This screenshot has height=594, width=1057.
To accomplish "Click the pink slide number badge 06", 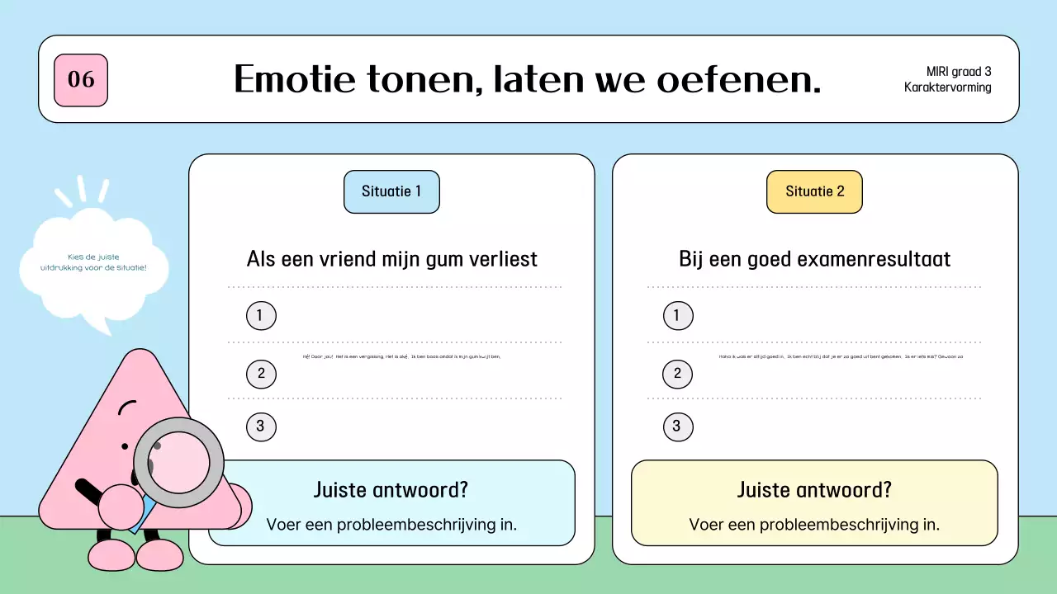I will click(x=81, y=80).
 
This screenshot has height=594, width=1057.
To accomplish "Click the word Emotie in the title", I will click(x=294, y=80).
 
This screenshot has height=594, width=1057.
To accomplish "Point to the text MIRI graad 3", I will click(x=958, y=72).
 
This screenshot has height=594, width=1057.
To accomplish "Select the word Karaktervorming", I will click(x=948, y=87).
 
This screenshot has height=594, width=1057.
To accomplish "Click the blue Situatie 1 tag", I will click(x=391, y=191).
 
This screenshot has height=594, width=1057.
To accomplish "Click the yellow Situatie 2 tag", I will click(x=814, y=191).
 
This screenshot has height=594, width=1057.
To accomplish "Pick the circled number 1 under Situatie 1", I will click(x=261, y=315).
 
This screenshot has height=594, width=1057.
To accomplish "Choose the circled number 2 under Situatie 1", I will click(x=261, y=374).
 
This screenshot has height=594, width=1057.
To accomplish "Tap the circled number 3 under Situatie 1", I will click(x=261, y=427).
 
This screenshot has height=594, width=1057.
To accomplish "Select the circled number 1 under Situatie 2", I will click(x=677, y=315).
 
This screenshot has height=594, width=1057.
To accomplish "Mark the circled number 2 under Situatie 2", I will click(x=677, y=374).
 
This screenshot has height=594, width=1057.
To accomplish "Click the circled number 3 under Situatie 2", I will click(x=677, y=427).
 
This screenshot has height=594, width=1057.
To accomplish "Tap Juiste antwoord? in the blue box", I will click(x=391, y=490).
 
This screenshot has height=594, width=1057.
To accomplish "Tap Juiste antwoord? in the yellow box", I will click(x=814, y=490).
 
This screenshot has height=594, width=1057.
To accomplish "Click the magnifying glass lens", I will click(x=179, y=462).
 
